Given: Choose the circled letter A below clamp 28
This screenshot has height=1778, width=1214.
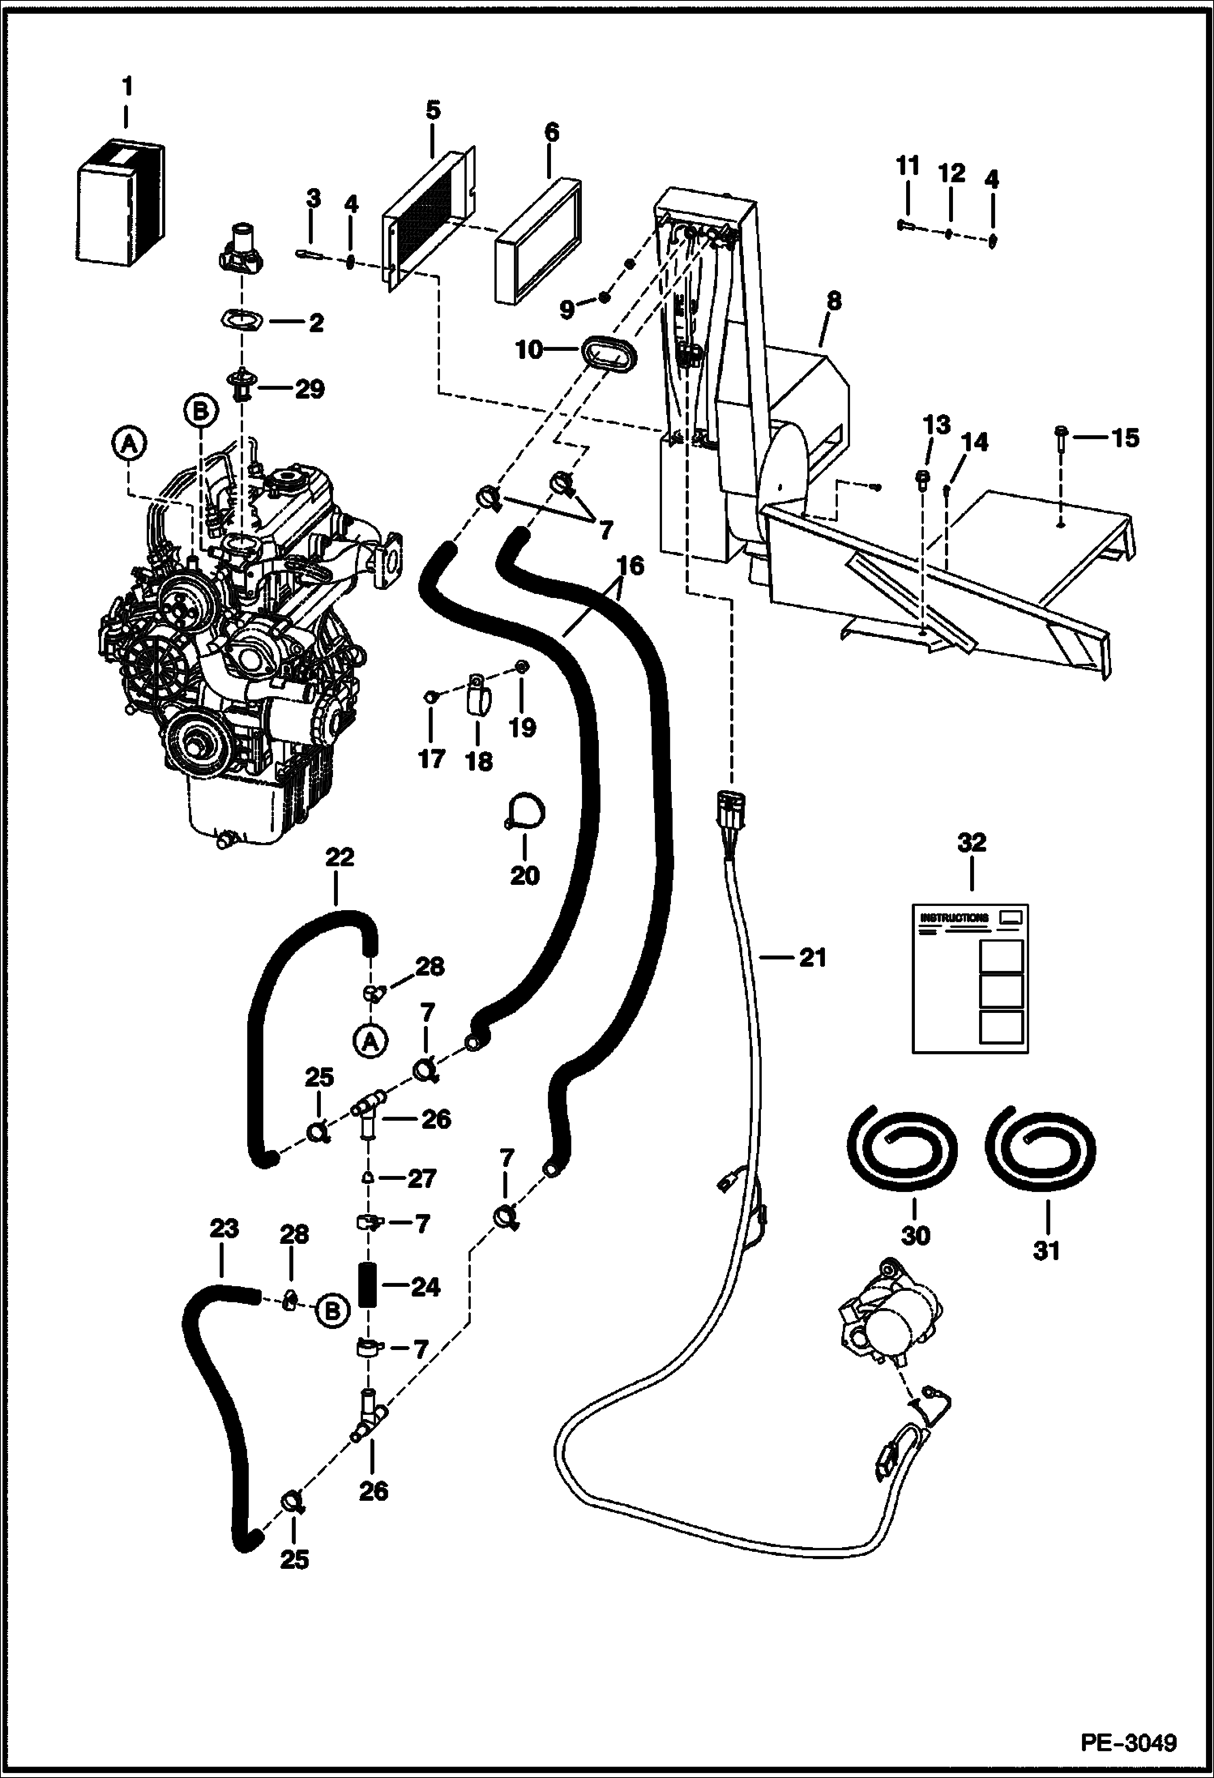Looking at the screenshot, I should (x=370, y=1044).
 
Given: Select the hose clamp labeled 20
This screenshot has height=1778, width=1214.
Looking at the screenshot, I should (x=526, y=813).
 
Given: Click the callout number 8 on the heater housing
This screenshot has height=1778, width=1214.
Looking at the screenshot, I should (x=833, y=301).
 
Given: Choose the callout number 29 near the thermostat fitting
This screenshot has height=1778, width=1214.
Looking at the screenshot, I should (x=308, y=389).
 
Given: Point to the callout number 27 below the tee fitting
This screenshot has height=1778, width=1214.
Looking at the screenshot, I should (x=421, y=1178).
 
